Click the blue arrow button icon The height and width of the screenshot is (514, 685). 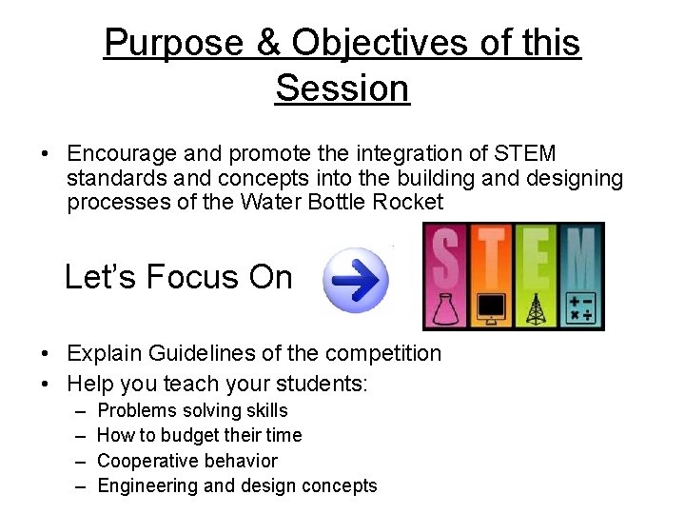click(x=357, y=280)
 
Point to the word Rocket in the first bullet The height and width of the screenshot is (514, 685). click(x=408, y=202)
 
